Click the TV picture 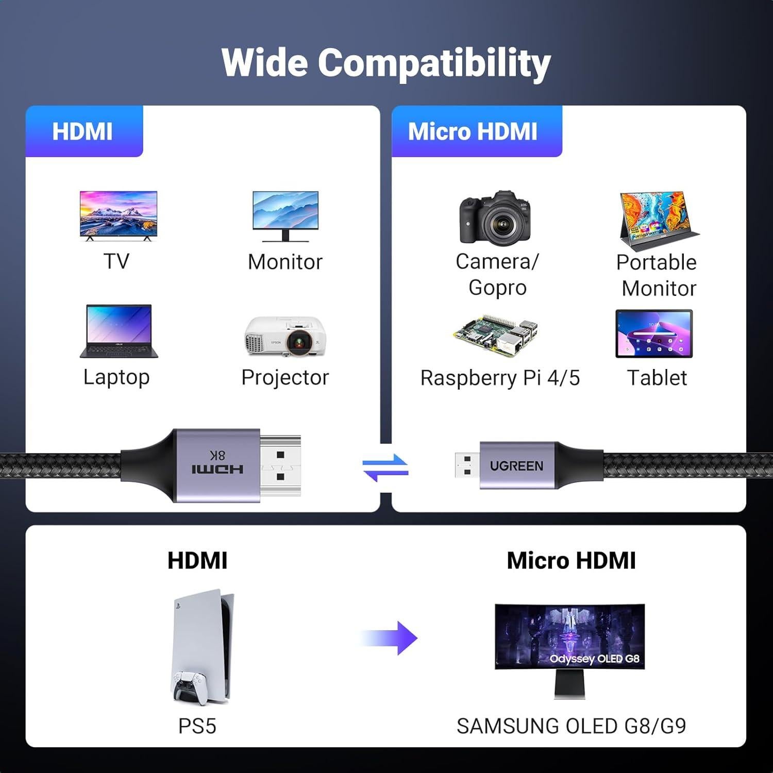118,214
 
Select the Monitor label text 285,262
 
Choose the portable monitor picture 659,222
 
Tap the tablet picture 654,334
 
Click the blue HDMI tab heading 83,131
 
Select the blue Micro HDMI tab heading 473,131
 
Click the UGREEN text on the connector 516,466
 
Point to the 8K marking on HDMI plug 217,455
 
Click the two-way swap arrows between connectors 385,467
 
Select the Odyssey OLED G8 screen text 594,659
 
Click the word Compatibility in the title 434,63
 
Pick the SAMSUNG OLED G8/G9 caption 571,726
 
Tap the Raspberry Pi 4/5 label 500,378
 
